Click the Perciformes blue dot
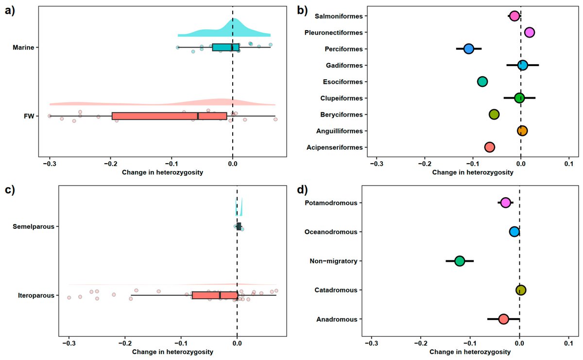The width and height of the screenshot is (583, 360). pos(469,49)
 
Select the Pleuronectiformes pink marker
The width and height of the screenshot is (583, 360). pos(529,32)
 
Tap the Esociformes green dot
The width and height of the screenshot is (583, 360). pos(482,82)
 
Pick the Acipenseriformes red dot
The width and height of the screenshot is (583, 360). pos(489,147)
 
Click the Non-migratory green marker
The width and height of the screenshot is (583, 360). pos(460,261)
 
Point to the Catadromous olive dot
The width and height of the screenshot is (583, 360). pos(521,290)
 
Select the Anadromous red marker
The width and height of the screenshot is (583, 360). pos(503,319)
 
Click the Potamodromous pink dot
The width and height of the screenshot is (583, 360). pos(505,203)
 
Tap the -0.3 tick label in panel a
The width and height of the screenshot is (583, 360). pos(50,163)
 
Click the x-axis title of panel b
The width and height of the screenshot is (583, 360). pos(473,172)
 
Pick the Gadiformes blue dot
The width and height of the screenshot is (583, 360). pos(523,65)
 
